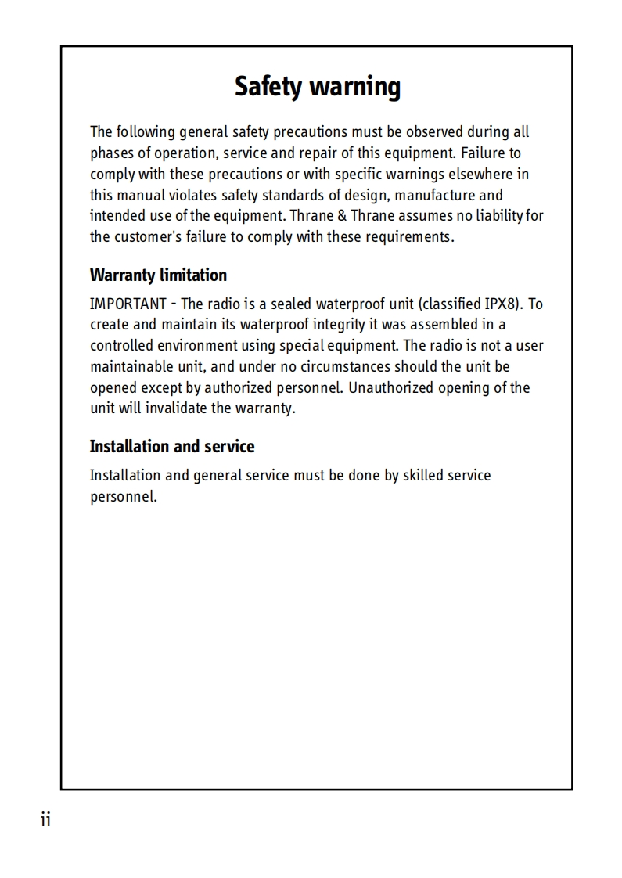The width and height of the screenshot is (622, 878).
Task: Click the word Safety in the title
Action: pyautogui.click(x=268, y=87)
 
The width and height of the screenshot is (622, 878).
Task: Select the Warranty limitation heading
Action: pyautogui.click(x=158, y=275)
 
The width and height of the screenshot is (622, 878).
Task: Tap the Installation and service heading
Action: pyautogui.click(x=172, y=447)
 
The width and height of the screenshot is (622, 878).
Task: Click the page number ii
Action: pyautogui.click(x=45, y=820)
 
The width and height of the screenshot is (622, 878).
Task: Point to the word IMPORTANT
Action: pyautogui.click(x=128, y=304)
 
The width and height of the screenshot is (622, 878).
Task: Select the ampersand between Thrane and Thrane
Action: pyautogui.click(x=342, y=216)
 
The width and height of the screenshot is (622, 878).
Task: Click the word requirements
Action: pyautogui.click(x=413, y=237)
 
